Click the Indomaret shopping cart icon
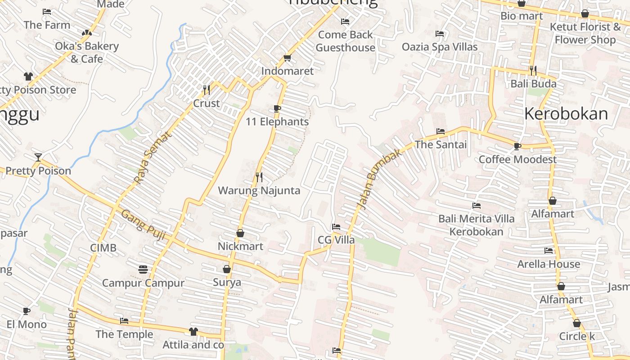click(287, 58)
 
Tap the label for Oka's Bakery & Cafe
click(87, 52)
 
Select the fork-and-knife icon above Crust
click(207, 90)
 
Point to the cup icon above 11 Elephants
click(277, 109)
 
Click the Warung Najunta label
click(259, 190)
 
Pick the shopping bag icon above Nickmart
click(240, 233)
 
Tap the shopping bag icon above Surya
click(227, 269)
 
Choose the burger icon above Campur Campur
click(143, 270)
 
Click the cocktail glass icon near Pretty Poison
click(38, 157)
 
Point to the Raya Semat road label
click(153, 157)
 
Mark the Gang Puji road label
click(143, 225)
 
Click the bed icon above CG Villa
click(336, 227)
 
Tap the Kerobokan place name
click(566, 113)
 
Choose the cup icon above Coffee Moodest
click(517, 146)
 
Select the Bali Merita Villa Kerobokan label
click(477, 225)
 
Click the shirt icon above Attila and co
click(193, 332)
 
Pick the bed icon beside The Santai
click(441, 131)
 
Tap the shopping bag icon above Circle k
click(577, 323)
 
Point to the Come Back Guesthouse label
click(345, 41)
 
